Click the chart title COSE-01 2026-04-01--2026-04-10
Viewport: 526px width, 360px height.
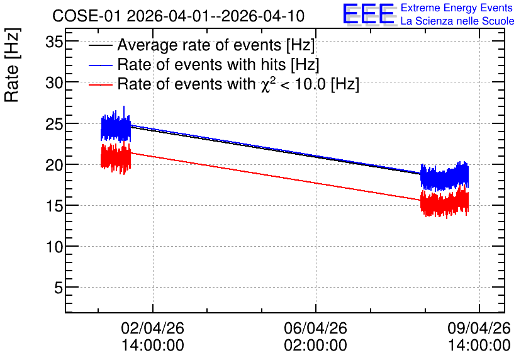tap(179, 16)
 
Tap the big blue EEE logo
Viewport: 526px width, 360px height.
tap(369, 14)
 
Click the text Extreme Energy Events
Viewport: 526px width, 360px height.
tap(457, 8)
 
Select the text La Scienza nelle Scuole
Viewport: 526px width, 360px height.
tap(457, 21)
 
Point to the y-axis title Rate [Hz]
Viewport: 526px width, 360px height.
tap(12, 65)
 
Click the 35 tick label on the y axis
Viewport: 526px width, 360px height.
tap(54, 42)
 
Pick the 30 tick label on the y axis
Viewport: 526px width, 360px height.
tap(54, 82)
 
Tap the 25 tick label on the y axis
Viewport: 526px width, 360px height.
tap(54, 124)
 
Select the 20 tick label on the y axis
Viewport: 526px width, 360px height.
tap(54, 165)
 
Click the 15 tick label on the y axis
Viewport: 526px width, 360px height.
tap(54, 206)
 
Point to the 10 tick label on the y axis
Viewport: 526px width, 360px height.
tap(54, 247)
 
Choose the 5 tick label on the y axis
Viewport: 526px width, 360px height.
tap(59, 288)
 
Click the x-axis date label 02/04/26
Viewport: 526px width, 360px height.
tap(153, 328)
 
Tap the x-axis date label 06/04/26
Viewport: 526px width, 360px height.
tap(316, 328)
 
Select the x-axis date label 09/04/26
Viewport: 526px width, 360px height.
tap(479, 328)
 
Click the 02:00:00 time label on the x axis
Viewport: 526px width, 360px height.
tap(316, 345)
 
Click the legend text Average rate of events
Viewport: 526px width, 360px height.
tap(199, 45)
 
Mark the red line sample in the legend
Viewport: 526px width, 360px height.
tap(100, 84)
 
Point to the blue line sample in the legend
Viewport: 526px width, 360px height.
tap(100, 65)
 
